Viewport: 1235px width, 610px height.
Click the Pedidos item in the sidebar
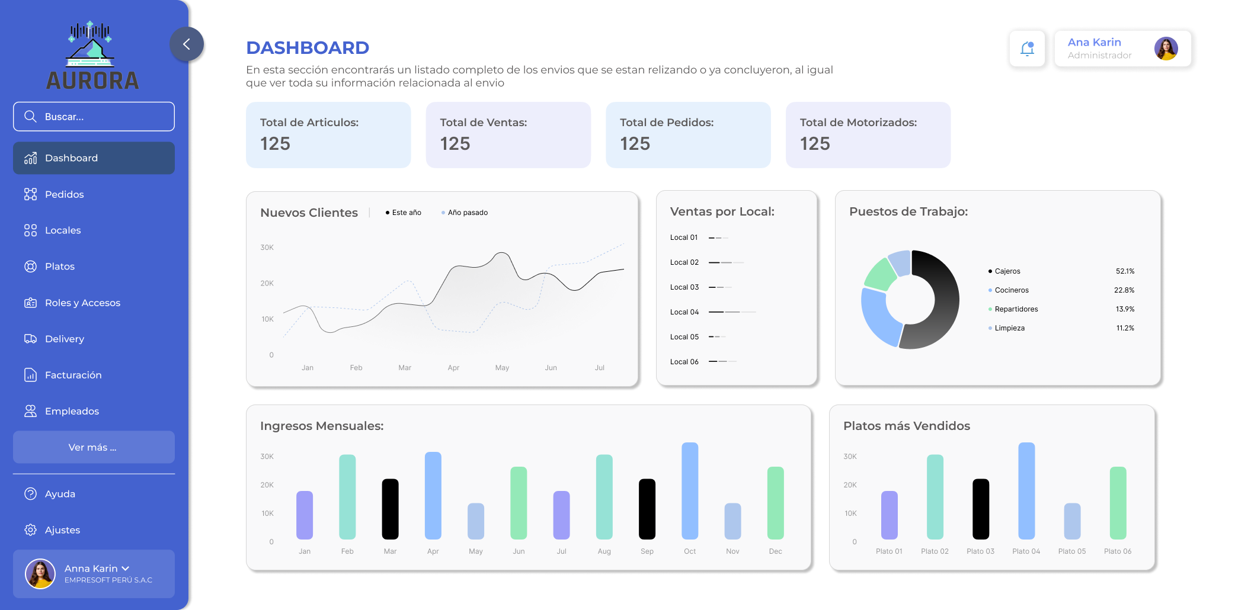(x=64, y=194)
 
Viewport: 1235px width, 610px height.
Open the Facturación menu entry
(x=73, y=375)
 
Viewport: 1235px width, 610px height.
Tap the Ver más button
(x=94, y=447)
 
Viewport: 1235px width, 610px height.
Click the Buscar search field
(x=94, y=117)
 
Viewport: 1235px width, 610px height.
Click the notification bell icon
(x=1027, y=49)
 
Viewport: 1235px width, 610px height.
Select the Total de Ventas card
(x=508, y=135)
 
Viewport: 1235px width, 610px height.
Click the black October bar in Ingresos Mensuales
(x=690, y=491)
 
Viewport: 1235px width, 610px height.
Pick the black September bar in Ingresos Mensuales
(x=647, y=509)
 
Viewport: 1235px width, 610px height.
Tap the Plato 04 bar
(x=1026, y=491)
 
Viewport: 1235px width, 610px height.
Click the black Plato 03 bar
(x=981, y=509)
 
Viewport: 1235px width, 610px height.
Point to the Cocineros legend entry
(x=1011, y=290)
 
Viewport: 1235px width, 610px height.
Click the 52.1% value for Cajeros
(x=1125, y=271)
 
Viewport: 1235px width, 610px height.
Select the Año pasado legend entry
(x=467, y=213)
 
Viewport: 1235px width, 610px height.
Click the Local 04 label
(x=684, y=312)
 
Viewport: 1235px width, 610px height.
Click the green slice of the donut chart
(x=879, y=274)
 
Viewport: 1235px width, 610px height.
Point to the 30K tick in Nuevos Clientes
(x=267, y=248)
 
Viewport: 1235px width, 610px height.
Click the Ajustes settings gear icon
(x=30, y=530)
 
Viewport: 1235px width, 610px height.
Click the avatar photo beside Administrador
(x=1166, y=49)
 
